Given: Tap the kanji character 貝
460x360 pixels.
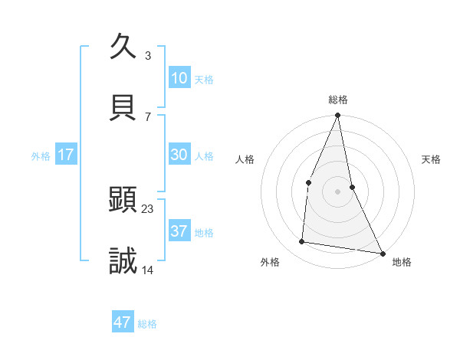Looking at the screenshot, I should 123,108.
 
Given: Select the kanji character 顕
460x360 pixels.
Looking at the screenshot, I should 123,201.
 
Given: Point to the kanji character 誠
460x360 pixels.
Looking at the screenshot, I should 123,261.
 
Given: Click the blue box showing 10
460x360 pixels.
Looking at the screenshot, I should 179,78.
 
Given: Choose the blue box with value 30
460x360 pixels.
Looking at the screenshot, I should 179,155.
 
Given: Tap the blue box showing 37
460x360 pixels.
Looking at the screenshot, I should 179,231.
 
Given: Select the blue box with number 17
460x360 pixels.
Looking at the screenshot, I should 66,155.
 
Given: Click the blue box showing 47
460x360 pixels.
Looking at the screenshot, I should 123,322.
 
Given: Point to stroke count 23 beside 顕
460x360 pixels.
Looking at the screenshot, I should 148,208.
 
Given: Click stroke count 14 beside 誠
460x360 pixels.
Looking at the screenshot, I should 148,270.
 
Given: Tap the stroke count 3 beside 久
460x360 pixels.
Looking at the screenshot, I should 148,55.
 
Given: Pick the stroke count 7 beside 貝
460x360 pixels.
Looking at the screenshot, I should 148,116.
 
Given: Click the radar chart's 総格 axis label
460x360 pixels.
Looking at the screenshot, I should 338,100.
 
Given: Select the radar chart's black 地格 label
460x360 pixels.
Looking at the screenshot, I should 402,262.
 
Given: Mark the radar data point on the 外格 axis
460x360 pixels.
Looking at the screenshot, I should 302,242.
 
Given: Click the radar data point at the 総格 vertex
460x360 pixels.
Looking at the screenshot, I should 337,116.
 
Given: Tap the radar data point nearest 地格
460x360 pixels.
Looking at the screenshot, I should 382,253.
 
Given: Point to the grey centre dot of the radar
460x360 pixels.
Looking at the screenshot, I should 337,191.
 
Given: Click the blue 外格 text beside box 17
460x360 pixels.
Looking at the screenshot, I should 41,155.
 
